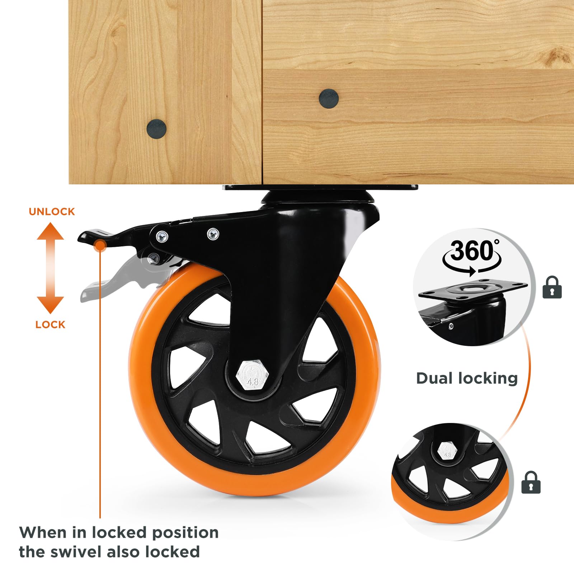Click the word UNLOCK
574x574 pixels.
pos(52,212)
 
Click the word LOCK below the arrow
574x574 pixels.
pos(50,325)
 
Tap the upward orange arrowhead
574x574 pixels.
pos(51,231)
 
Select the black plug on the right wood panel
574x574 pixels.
pos(329,98)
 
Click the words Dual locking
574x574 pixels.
pos(467,378)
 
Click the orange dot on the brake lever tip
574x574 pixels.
pos(100,246)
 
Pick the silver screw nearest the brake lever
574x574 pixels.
pos(162,236)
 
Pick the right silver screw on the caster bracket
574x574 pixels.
pos(213,234)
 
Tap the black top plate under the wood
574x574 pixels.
pos(319,188)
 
